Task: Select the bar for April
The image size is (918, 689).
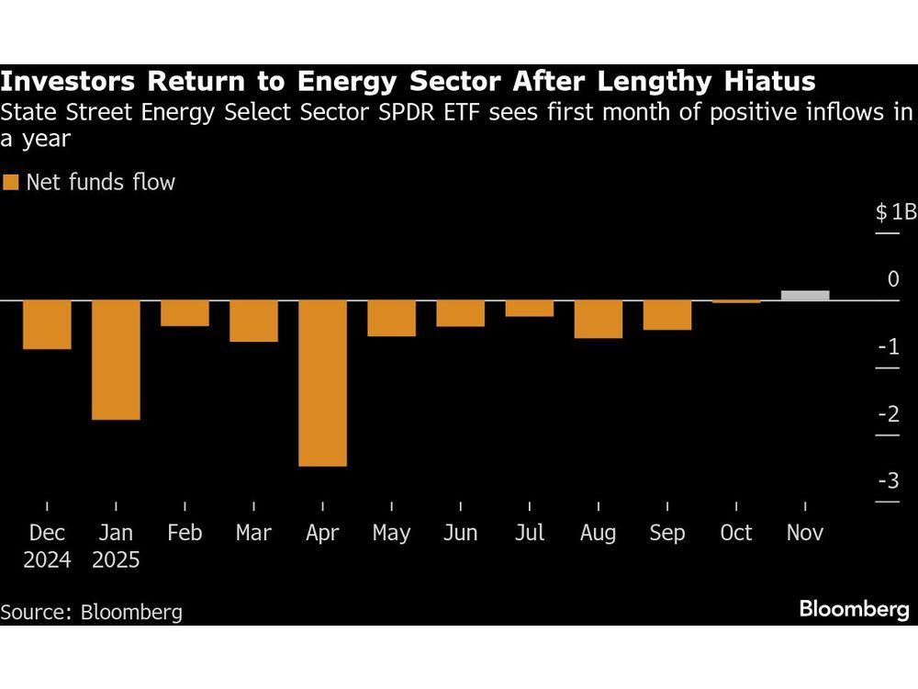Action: [x=322, y=383]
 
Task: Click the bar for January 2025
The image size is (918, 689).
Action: [x=116, y=359]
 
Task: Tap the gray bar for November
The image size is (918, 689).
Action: [x=805, y=295]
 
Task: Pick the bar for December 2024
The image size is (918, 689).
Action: [x=47, y=324]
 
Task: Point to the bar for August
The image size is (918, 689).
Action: [x=599, y=319]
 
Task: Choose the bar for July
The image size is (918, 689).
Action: [x=530, y=308]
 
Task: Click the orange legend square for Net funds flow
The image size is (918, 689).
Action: [x=11, y=182]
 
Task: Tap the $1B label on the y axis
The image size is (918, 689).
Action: [x=895, y=212]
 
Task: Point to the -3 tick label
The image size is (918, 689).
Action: [x=889, y=481]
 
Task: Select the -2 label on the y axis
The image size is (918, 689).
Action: [x=889, y=414]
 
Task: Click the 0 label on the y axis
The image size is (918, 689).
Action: [x=893, y=279]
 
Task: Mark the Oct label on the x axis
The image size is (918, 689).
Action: [x=736, y=533]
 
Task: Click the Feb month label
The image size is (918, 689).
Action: [x=185, y=533]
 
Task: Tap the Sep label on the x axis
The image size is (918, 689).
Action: [x=666, y=533]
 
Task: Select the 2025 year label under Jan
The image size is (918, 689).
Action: [x=116, y=559]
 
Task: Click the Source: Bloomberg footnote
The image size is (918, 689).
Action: [x=92, y=612]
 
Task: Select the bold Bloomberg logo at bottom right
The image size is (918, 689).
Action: [x=854, y=609]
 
